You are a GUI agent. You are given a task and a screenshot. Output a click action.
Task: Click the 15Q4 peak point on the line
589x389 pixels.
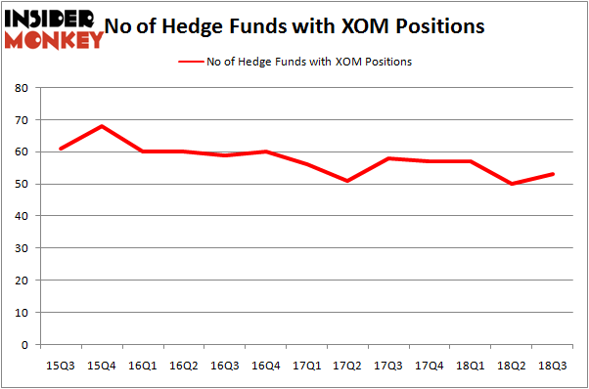(x=102, y=126)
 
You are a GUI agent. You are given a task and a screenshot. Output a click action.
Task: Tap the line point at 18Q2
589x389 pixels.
(x=513, y=184)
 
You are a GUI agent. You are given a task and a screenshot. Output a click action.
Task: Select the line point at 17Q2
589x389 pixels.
(x=348, y=181)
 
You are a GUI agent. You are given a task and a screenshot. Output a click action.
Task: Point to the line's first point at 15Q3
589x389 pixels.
(x=61, y=149)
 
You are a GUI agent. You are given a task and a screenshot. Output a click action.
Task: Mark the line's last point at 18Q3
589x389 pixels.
(x=554, y=174)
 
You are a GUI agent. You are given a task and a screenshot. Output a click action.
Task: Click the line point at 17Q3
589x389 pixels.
(x=389, y=158)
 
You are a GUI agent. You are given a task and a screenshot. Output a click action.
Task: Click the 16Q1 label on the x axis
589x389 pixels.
(x=143, y=365)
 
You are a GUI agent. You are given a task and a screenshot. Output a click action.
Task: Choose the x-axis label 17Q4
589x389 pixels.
(x=430, y=365)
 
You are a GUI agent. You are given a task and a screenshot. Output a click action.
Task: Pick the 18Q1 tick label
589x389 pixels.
(x=472, y=365)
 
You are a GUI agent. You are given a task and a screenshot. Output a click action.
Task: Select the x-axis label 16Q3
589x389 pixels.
(x=225, y=365)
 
